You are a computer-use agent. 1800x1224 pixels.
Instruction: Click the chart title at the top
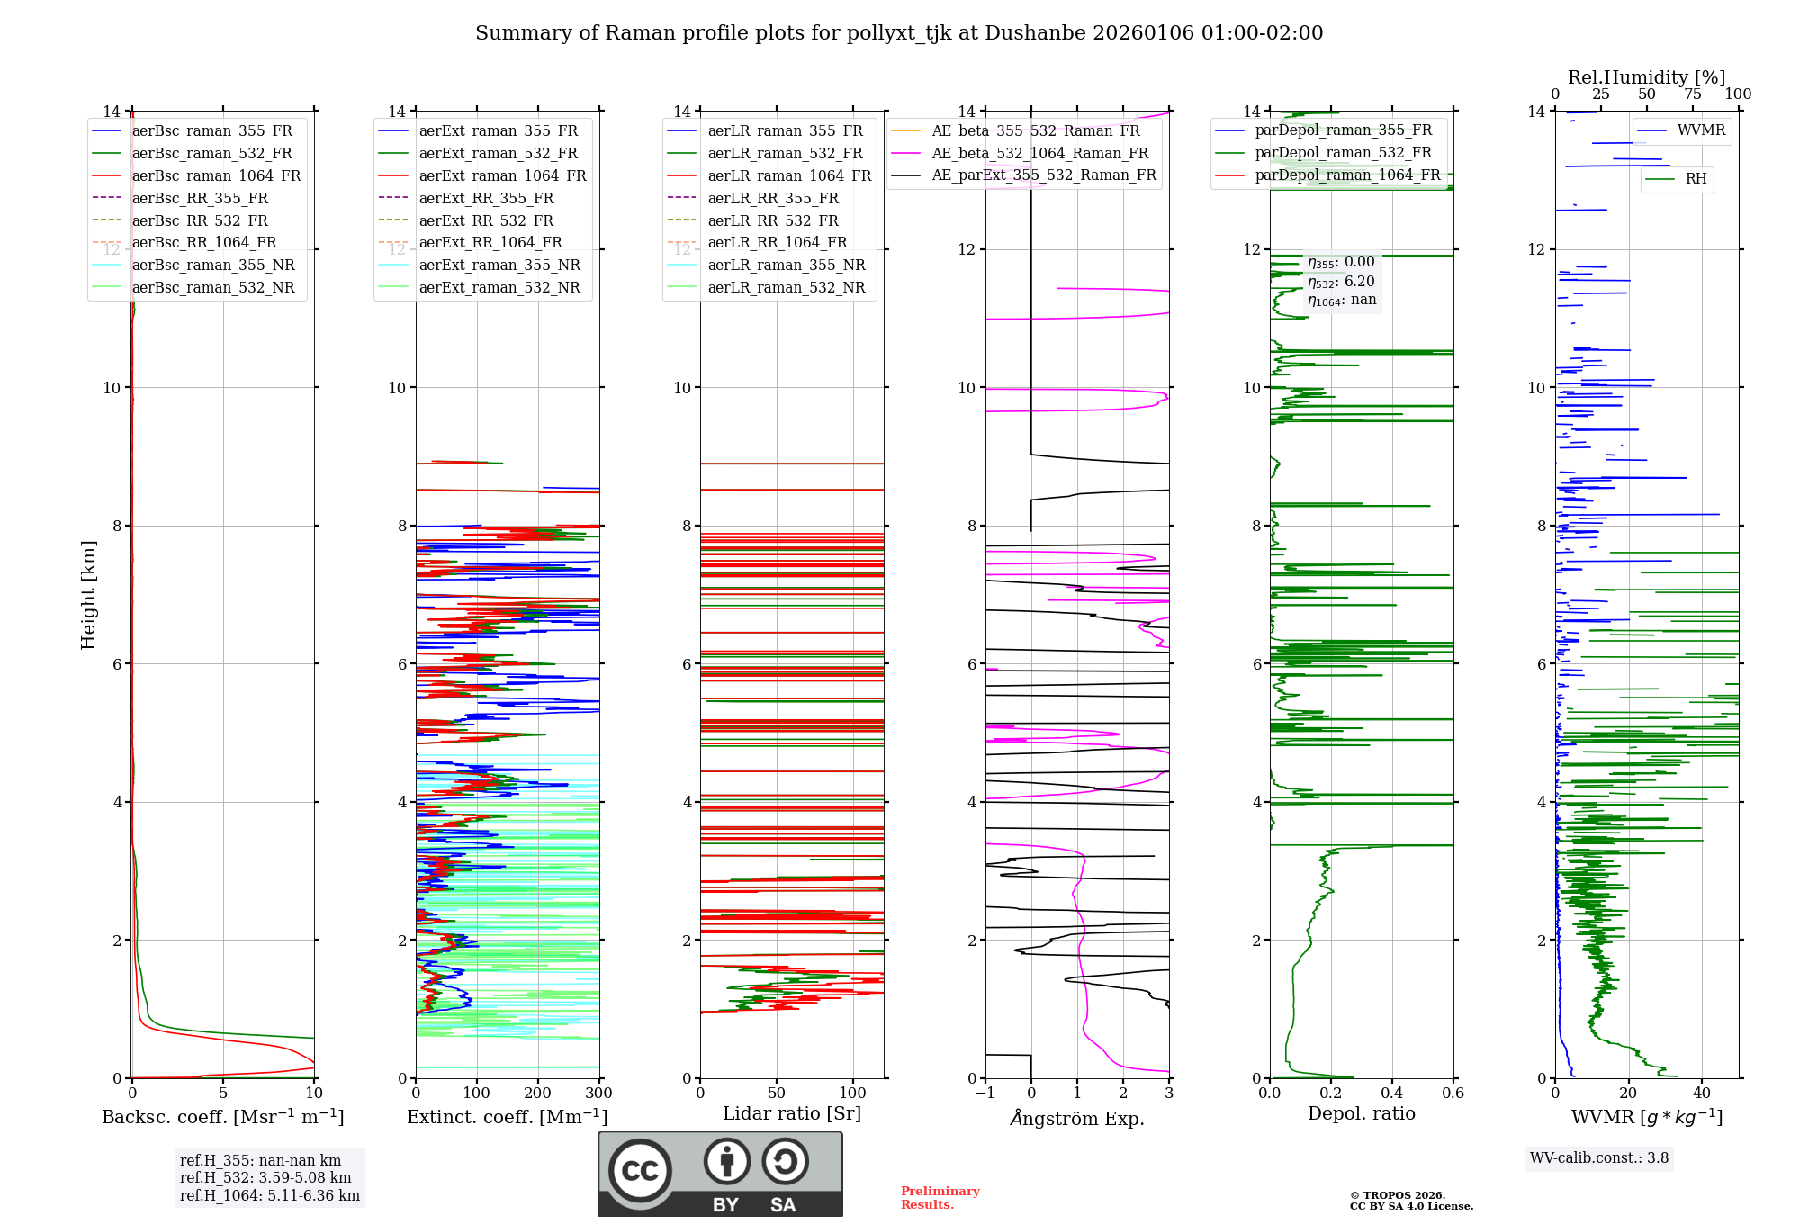point(899,33)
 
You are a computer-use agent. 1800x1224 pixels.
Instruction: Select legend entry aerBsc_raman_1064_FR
point(216,175)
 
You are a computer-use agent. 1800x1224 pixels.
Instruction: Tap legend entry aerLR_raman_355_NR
point(786,265)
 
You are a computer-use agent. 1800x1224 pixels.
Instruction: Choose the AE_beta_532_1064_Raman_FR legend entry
point(1039,153)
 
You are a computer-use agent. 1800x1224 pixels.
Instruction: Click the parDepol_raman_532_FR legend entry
point(1343,153)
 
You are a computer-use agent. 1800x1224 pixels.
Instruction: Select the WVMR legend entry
point(1701,130)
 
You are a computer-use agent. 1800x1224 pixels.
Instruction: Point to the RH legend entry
point(1696,179)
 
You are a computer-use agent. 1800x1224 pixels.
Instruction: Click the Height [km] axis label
point(88,594)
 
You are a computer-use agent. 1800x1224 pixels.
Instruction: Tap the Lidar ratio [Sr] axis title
point(792,1113)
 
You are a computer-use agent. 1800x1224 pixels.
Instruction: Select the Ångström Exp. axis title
point(1077,1118)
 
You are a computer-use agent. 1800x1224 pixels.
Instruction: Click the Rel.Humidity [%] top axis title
point(1646,77)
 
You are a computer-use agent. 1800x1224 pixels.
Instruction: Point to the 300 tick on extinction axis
point(598,1093)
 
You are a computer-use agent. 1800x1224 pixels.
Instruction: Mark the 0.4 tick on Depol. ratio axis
point(1392,1093)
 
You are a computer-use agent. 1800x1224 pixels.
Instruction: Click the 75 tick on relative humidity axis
point(1693,94)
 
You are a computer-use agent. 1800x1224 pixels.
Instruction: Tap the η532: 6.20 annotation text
point(1341,281)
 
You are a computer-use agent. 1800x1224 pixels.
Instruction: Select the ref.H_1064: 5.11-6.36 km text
point(269,1195)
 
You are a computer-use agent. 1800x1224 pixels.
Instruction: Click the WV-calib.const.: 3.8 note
point(1599,1157)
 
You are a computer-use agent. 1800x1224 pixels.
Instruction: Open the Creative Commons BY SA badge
point(720,1174)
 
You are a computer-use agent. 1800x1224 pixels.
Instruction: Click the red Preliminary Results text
point(940,1197)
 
